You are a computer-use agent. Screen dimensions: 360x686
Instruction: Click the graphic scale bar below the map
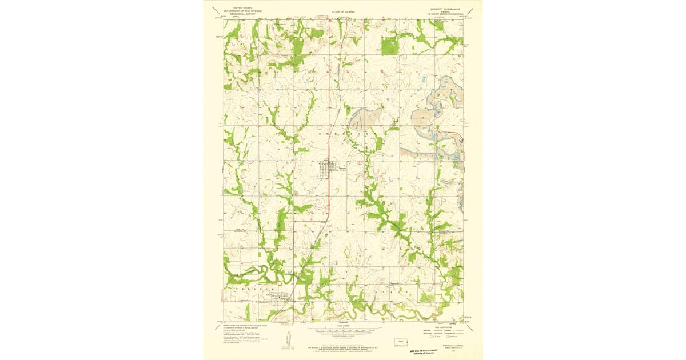pyautogui.click(x=343, y=330)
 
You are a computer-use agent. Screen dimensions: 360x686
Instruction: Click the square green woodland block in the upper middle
pyautogui.click(x=390, y=46)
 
